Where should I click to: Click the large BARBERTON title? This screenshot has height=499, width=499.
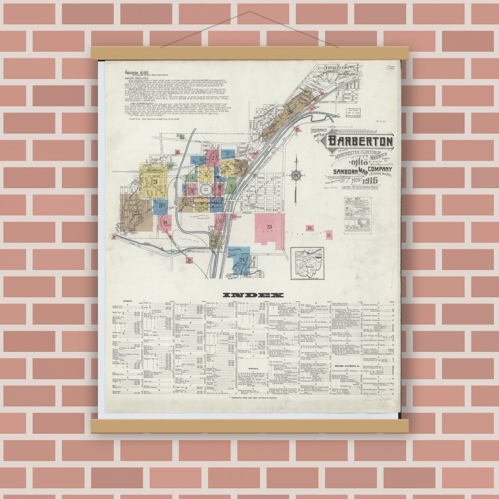point(360,141)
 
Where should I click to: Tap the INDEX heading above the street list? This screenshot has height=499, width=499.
point(253,295)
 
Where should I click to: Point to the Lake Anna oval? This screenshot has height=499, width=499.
point(206,189)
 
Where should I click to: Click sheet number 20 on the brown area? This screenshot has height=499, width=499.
point(289,112)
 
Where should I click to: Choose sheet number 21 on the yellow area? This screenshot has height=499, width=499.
point(155,182)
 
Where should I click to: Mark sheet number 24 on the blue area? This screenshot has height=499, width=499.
point(242,259)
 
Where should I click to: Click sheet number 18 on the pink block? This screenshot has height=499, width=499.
point(166,222)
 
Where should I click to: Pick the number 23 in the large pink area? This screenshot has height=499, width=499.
point(269,227)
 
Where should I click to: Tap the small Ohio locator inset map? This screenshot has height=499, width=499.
point(307,264)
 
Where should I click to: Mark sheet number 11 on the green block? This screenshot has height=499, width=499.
point(231,186)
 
